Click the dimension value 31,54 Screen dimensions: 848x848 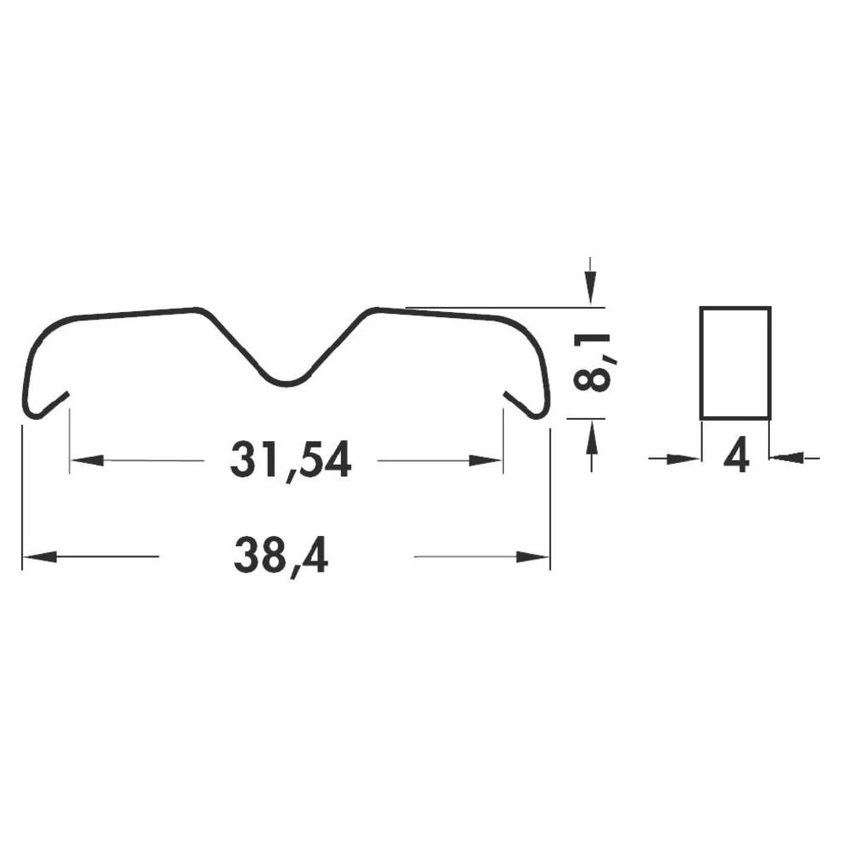click(x=290, y=461)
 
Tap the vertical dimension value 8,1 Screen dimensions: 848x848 click(x=592, y=362)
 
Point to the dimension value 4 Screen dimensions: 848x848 click(x=736, y=459)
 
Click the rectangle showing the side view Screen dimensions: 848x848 click(x=735, y=363)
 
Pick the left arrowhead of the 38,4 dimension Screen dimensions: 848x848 click(x=39, y=557)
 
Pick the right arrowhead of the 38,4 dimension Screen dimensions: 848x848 click(x=533, y=557)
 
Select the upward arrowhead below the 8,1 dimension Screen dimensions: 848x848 click(x=591, y=436)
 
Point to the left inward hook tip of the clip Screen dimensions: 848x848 click(x=65, y=394)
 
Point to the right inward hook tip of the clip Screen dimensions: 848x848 click(x=507, y=394)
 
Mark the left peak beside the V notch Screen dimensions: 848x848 click(x=198, y=310)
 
